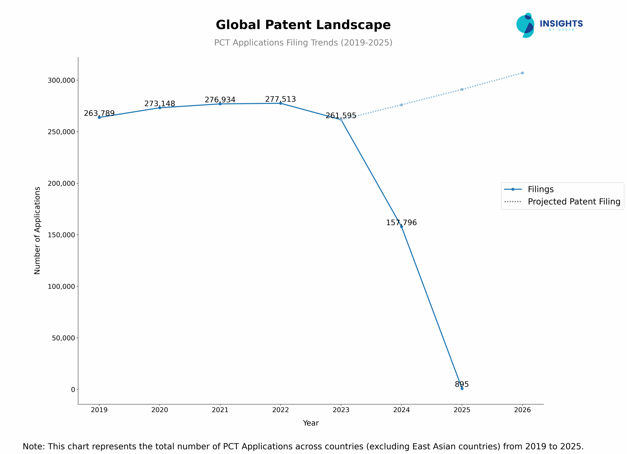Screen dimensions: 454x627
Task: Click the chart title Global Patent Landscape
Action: (303, 25)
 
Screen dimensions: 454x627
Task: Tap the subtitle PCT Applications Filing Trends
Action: (303, 43)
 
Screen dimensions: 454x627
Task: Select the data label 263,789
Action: (99, 113)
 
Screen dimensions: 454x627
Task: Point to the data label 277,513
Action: (280, 99)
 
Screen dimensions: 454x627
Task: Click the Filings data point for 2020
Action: (159, 108)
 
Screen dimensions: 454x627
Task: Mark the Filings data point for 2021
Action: (220, 104)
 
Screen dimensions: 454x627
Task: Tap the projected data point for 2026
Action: (522, 73)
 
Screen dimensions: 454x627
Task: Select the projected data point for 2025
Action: (462, 89)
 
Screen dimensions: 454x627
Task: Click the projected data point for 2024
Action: (401, 105)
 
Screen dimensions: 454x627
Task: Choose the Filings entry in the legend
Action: (541, 189)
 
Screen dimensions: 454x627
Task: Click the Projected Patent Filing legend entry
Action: (574, 202)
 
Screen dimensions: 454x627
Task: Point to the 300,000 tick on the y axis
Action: (61, 80)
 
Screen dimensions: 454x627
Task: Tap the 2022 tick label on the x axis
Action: (280, 410)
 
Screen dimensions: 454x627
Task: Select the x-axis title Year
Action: (311, 423)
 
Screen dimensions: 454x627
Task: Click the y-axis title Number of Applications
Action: (37, 230)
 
